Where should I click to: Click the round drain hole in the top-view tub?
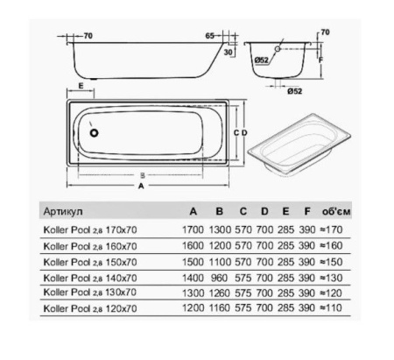coord(95,132)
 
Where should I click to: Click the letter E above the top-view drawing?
coord(81,88)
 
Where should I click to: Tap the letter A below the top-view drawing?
coord(141,185)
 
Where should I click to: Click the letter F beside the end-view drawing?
coord(321,60)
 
